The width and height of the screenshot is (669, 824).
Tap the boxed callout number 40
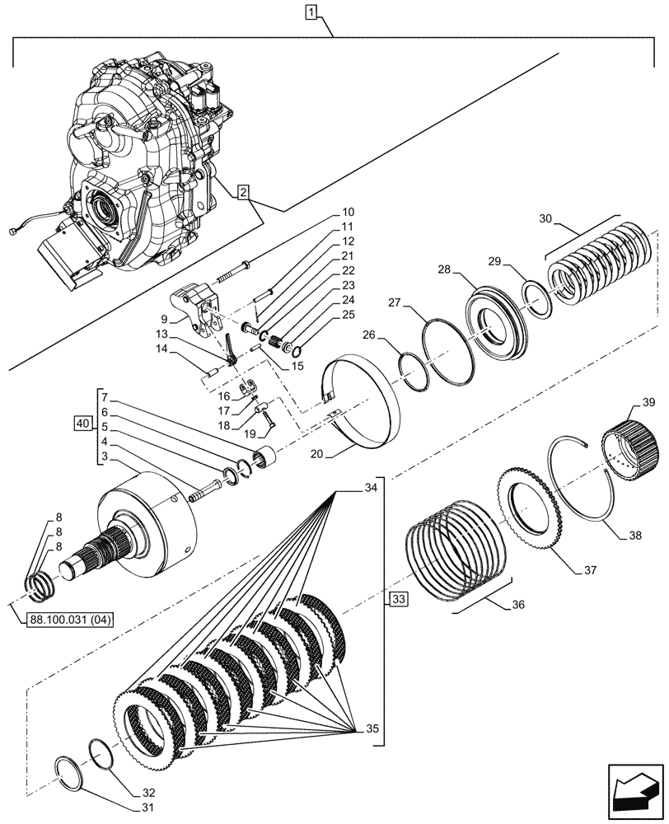click(x=81, y=424)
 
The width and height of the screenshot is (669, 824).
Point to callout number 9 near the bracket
click(x=165, y=319)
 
